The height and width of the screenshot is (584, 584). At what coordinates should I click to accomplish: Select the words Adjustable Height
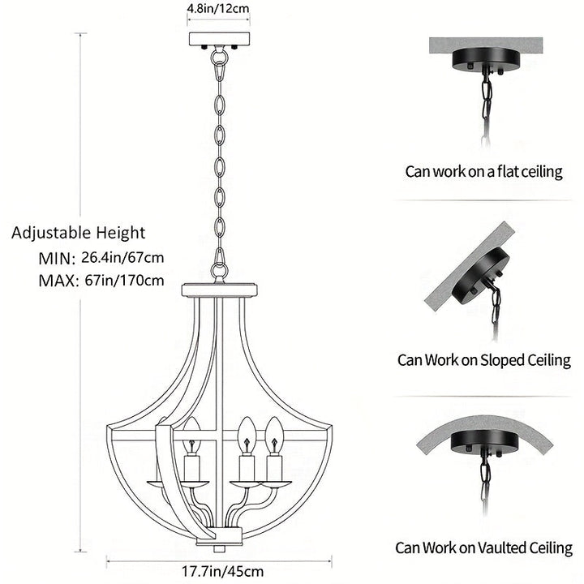pyautogui.click(x=79, y=234)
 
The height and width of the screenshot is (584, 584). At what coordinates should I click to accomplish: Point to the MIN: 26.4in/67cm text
pyautogui.click(x=101, y=258)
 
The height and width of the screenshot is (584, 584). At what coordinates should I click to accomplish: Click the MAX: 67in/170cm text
pyautogui.click(x=101, y=281)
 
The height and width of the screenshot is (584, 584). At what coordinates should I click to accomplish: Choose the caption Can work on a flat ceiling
pyautogui.click(x=484, y=171)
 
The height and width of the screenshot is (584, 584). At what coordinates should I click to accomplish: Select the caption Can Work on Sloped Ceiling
pyautogui.click(x=483, y=359)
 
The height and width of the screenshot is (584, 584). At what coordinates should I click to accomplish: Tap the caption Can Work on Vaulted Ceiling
pyautogui.click(x=483, y=548)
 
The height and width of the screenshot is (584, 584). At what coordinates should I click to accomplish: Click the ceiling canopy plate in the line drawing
pyautogui.click(x=218, y=39)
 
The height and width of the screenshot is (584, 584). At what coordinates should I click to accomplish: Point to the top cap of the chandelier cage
pyautogui.click(x=219, y=290)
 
